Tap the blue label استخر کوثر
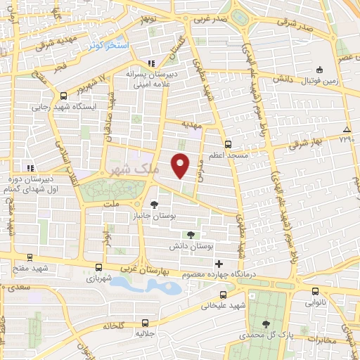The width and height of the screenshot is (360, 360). pyautogui.click(x=109, y=45)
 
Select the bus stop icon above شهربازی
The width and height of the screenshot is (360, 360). pyautogui.click(x=98, y=268)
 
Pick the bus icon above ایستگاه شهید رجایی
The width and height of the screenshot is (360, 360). pyautogui.click(x=64, y=96)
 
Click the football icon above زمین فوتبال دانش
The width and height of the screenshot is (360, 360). pyautogui.click(x=319, y=70)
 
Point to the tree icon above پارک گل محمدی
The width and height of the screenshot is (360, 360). pyautogui.click(x=265, y=324)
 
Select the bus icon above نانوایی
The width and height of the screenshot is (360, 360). pyautogui.click(x=314, y=290)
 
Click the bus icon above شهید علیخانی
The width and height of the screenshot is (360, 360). pyautogui.click(x=223, y=295)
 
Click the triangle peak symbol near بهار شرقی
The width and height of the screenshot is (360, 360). pyautogui.click(x=347, y=130)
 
